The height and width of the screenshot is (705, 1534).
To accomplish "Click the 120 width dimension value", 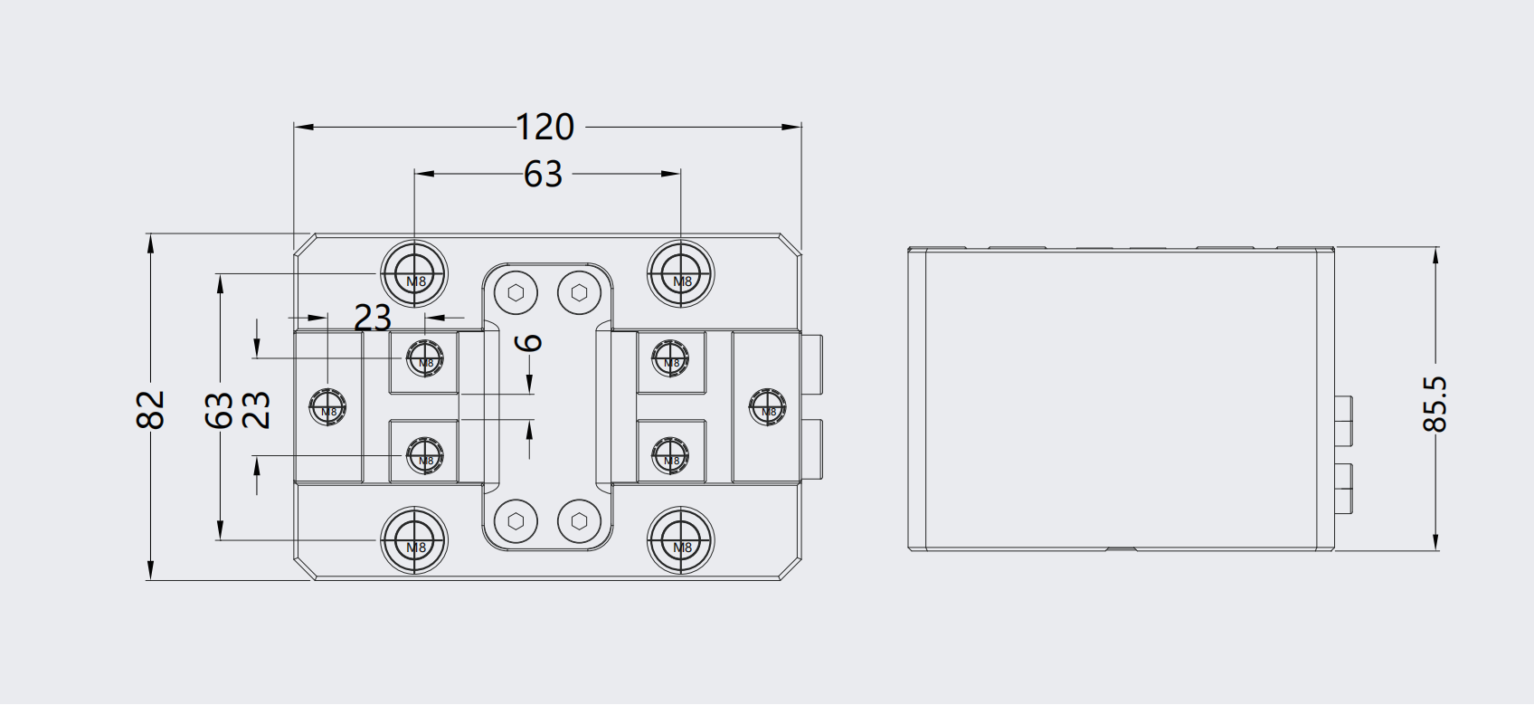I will click(x=544, y=128).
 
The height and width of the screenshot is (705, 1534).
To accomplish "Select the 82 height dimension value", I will click(x=151, y=408).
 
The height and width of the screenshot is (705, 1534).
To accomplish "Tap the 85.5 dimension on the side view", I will click(x=1435, y=404).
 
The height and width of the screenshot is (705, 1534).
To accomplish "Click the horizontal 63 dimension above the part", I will click(x=543, y=174).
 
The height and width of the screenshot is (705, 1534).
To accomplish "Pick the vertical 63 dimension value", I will click(x=220, y=410).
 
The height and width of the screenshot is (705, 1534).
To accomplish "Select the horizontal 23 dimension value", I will click(x=372, y=318).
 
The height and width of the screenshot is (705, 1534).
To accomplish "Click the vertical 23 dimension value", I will click(x=258, y=410).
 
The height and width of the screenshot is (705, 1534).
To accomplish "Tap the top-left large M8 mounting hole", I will click(x=414, y=272).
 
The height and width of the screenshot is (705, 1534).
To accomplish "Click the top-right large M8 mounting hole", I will click(x=681, y=272).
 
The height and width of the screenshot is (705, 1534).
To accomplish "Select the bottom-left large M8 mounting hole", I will click(x=414, y=542).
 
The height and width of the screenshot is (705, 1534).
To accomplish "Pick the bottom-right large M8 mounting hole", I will click(x=681, y=542).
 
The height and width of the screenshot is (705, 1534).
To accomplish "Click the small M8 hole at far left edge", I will click(x=327, y=406).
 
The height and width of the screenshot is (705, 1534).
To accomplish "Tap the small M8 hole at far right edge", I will click(x=767, y=406).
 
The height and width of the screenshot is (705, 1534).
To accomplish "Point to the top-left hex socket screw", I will click(x=516, y=292).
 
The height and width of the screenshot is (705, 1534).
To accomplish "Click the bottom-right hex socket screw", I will click(x=579, y=521).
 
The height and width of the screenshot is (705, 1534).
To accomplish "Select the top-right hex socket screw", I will click(x=579, y=292).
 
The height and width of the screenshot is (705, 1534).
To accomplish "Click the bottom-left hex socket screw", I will click(x=516, y=521).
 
